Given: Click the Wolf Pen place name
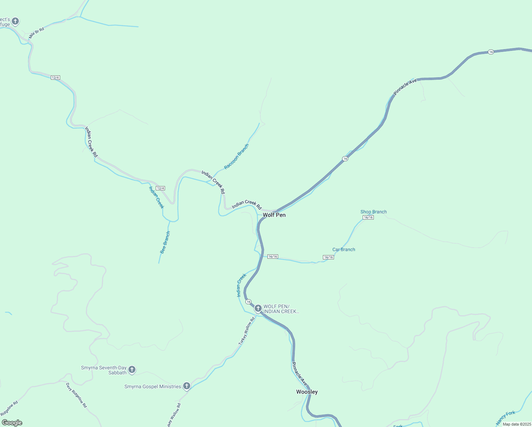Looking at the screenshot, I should click(x=274, y=215).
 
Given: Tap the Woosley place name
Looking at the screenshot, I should click(x=307, y=392).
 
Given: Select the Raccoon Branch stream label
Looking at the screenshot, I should click(x=236, y=157).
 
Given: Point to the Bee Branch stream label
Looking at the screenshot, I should click(x=165, y=242).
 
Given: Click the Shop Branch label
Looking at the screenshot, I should click(x=373, y=212).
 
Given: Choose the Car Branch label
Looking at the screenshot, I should click(x=344, y=249).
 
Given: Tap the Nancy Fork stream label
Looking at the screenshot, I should click(x=505, y=418).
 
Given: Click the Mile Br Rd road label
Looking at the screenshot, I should click(x=37, y=33).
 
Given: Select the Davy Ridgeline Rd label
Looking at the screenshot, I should click(x=76, y=395).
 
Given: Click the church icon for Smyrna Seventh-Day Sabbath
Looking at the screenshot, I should click(x=132, y=369).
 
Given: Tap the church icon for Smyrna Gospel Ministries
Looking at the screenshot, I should click(x=187, y=386).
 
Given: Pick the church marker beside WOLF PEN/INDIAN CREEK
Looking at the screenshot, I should click(x=258, y=308).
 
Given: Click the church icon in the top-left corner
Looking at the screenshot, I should click(x=15, y=21).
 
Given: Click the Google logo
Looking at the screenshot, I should click(x=12, y=423).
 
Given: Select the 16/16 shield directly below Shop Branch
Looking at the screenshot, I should click(x=368, y=217).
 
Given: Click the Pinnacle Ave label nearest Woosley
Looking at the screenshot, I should click(x=299, y=374).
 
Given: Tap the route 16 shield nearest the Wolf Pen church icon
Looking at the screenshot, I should click(x=248, y=302).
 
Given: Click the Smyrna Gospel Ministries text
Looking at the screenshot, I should click(x=153, y=386).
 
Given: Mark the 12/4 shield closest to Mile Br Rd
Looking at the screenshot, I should click(x=55, y=78).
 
